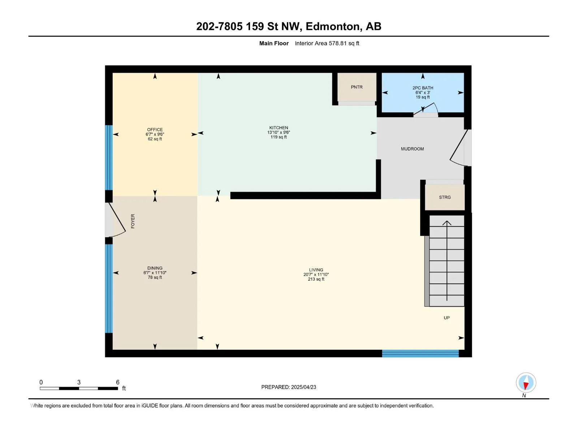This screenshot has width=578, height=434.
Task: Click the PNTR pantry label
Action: coord(357,87)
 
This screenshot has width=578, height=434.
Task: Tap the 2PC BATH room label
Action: coord(423,88)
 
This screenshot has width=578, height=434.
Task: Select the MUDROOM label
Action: coord(412,149)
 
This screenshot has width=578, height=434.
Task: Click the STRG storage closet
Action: coord(445,197)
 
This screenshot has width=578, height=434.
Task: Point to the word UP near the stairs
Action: coord(447,318)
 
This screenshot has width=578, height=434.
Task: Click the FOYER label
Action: coord(133,221)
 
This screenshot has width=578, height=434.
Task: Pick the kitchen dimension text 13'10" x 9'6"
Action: coord(279,132)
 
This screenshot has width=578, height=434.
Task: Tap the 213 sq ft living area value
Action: coord(316,279)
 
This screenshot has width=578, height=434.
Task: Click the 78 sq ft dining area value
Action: coord(155,277)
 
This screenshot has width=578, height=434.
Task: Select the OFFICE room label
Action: coord(155,129)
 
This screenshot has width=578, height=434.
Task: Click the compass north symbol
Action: coord(526,382)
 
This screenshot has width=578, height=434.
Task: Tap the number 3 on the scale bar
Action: coord(79,382)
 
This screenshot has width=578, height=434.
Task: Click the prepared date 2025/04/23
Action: coord(303,387)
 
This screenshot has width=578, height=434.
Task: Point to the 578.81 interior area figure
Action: coord(337,43)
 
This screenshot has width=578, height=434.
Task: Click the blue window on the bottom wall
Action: coord(420,353)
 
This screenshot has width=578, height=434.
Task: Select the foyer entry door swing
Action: coord(115,220)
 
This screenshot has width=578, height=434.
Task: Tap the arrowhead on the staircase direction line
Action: coord(447,223)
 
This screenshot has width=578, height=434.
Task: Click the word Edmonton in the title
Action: coord(333,26)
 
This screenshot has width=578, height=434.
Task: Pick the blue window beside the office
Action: coord(109,157)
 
